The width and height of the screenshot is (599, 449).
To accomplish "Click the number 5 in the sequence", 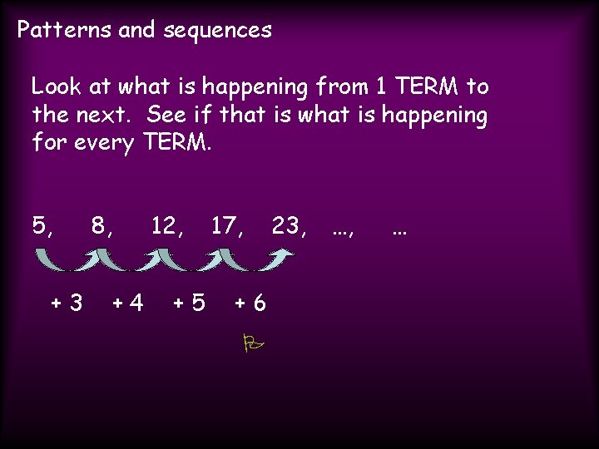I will pyautogui.click(x=40, y=225).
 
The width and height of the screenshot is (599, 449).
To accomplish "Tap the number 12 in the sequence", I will pyautogui.click(x=163, y=225).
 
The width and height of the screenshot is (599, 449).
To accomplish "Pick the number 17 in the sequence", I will pyautogui.click(x=224, y=225).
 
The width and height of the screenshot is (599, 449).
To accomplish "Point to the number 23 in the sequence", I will pyautogui.click(x=285, y=225).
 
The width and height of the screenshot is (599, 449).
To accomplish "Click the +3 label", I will pyautogui.click(x=67, y=303).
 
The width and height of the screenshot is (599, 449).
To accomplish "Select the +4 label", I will pyautogui.click(x=127, y=303).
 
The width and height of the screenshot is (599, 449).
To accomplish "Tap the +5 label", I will pyautogui.click(x=189, y=303).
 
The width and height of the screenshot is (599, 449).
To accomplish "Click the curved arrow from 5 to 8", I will pyautogui.click(x=70, y=260).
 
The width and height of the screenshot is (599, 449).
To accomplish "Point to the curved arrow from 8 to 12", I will pyautogui.click(x=131, y=260).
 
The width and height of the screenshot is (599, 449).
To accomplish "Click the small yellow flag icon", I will pyautogui.click(x=252, y=342).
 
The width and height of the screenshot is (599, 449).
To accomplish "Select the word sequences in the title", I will pyautogui.click(x=218, y=32).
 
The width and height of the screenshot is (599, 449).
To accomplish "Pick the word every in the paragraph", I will pyautogui.click(x=103, y=143).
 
